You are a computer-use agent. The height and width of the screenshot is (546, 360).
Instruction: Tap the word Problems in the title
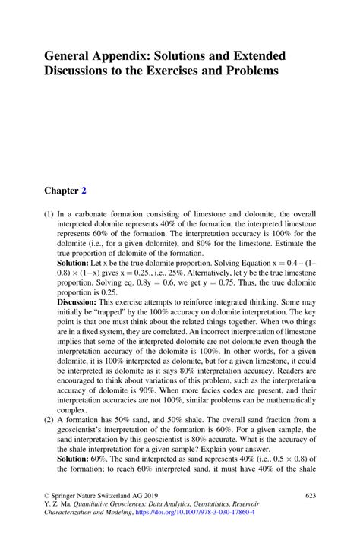[253, 71]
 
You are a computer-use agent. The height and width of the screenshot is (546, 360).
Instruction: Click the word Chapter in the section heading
[66, 191]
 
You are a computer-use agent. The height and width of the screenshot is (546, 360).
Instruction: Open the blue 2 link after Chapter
[94, 191]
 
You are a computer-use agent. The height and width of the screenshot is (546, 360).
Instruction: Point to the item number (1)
[49, 216]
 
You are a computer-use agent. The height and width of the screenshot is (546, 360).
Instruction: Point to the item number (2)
[49, 420]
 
